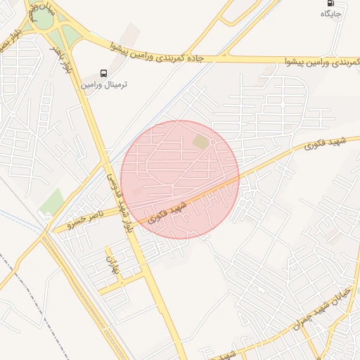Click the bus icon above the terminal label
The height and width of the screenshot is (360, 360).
[x=104, y=73]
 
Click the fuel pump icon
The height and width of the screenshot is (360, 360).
[x=331, y=3]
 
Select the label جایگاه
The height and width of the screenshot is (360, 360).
[x=331, y=13]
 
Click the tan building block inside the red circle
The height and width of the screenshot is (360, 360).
[x=201, y=143]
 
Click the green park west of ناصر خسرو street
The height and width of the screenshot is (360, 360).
[x=51, y=202]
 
